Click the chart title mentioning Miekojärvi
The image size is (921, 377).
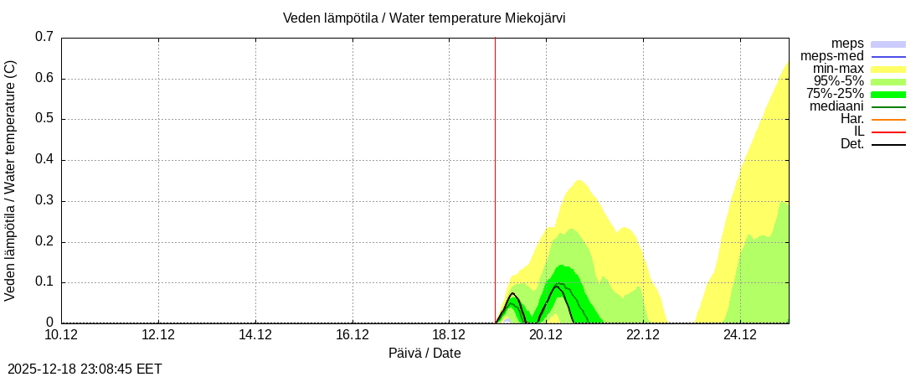point(424,18)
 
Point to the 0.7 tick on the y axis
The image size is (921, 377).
point(44,37)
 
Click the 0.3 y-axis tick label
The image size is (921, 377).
point(44,201)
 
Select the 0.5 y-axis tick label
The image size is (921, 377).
point(44,119)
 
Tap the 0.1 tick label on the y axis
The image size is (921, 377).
point(44,282)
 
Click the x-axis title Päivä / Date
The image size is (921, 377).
point(424,354)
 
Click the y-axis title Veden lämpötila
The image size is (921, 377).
point(11,180)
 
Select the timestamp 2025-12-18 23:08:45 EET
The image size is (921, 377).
point(85,369)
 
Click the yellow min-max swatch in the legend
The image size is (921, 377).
point(888,69)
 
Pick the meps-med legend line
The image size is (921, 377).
point(888,56)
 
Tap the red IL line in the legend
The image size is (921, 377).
point(888,132)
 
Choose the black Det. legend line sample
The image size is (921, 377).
point(888,144)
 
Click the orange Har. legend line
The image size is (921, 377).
point(888,119)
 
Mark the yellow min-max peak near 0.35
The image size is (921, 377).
point(578,181)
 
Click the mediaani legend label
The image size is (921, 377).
point(836,106)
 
